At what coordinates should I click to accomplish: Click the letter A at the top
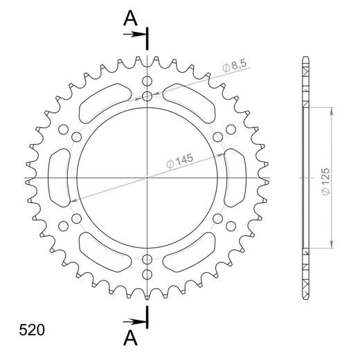129,19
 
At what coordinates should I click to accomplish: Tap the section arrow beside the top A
139,33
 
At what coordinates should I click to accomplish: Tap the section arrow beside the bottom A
139,322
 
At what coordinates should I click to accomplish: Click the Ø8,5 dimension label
235,66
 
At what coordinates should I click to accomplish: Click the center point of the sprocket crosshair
147,178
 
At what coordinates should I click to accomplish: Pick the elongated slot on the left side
61,178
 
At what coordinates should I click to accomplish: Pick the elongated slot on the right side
234,178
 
